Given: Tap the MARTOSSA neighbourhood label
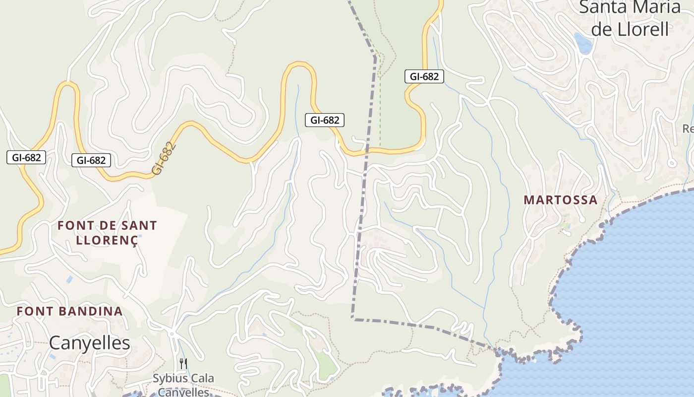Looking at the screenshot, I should [561, 200].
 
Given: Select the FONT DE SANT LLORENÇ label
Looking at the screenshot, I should [107, 232].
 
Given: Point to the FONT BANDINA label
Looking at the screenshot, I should [69, 311].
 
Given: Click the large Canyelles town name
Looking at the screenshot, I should [90, 342].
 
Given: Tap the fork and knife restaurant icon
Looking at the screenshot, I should [183, 364].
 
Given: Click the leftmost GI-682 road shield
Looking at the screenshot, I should [26, 158].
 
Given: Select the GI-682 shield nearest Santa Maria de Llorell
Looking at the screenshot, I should [424, 76].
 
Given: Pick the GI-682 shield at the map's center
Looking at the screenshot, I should [324, 120].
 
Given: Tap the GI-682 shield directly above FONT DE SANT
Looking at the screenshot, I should [91, 160].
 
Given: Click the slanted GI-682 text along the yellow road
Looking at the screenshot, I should [164, 158].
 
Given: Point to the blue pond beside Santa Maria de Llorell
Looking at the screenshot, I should [583, 43].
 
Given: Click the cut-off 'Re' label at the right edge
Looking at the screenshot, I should [688, 129].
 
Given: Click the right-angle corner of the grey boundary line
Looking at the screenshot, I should [352, 318].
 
